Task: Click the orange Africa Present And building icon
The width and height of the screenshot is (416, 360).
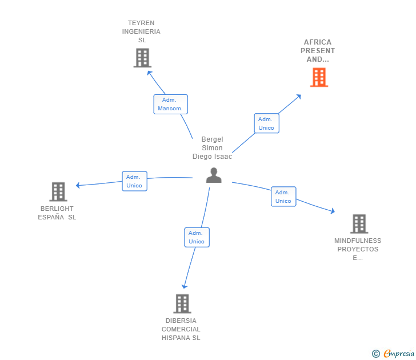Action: [x=319, y=77]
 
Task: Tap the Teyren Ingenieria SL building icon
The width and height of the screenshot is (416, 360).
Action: [x=142, y=58]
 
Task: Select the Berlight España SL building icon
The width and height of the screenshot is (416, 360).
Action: [x=58, y=191]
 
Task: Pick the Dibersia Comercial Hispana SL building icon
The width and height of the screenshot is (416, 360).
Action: [x=182, y=303]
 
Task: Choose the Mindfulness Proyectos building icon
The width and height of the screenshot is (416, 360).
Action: [x=358, y=223]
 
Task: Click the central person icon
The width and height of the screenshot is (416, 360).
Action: [x=214, y=175]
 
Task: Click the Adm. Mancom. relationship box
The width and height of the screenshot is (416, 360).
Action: [x=170, y=104]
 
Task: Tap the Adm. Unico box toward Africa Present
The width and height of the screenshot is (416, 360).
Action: [x=266, y=123]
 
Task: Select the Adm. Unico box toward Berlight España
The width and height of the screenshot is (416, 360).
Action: [x=134, y=181]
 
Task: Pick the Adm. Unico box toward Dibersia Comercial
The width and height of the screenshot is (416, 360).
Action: [x=197, y=237]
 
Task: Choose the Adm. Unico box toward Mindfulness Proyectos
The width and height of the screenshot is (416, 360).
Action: [x=283, y=197]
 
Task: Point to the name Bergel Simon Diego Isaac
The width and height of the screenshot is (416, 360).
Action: [x=213, y=148]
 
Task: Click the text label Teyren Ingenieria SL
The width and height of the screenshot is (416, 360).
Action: [x=141, y=31]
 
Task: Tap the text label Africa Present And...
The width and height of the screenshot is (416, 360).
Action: [x=318, y=51]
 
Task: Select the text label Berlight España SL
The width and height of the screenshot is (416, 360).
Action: [x=57, y=213]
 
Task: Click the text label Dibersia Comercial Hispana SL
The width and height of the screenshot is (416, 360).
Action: [x=181, y=329]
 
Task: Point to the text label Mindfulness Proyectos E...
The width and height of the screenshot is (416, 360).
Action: [x=358, y=249]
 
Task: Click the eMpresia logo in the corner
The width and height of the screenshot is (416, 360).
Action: [x=399, y=354]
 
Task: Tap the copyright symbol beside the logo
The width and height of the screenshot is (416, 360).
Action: [x=375, y=354]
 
